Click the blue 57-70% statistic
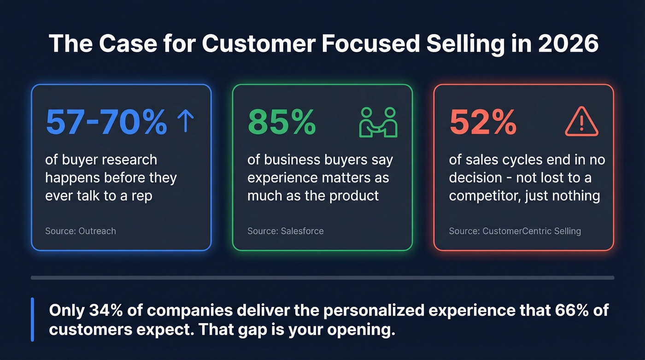(106, 122)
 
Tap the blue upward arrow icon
(185, 121)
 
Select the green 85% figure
(281, 122)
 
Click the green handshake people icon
(378, 122)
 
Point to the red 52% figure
(482, 122)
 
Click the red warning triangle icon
(581, 122)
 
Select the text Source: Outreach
(80, 230)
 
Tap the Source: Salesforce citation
(285, 230)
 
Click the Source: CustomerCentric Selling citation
(515, 230)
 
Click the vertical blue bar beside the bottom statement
(32, 319)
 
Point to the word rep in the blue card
(141, 195)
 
